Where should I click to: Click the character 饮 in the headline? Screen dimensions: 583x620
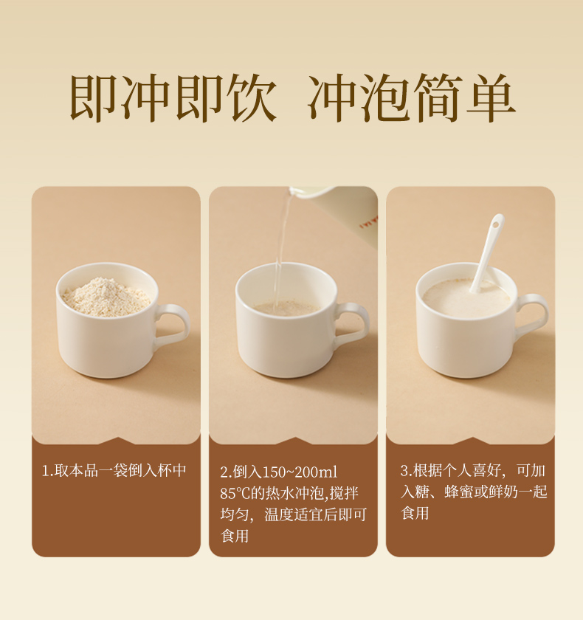[253, 97]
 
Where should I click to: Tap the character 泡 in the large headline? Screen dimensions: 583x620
[384, 97]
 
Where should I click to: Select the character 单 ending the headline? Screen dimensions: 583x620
[491, 97]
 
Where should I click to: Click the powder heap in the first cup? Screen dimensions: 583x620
[106, 297]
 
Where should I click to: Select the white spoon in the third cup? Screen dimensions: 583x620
[487, 253]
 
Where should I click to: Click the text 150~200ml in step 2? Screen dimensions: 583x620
[300, 472]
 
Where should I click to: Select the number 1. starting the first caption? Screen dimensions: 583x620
[47, 471]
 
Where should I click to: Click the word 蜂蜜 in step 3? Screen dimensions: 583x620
[458, 492]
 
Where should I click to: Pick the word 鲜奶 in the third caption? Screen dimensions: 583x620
[503, 492]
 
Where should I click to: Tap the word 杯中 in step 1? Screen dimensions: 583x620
[171, 470]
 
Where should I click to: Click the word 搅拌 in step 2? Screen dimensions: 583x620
[345, 493]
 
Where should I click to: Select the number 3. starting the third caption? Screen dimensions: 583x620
[407, 471]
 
